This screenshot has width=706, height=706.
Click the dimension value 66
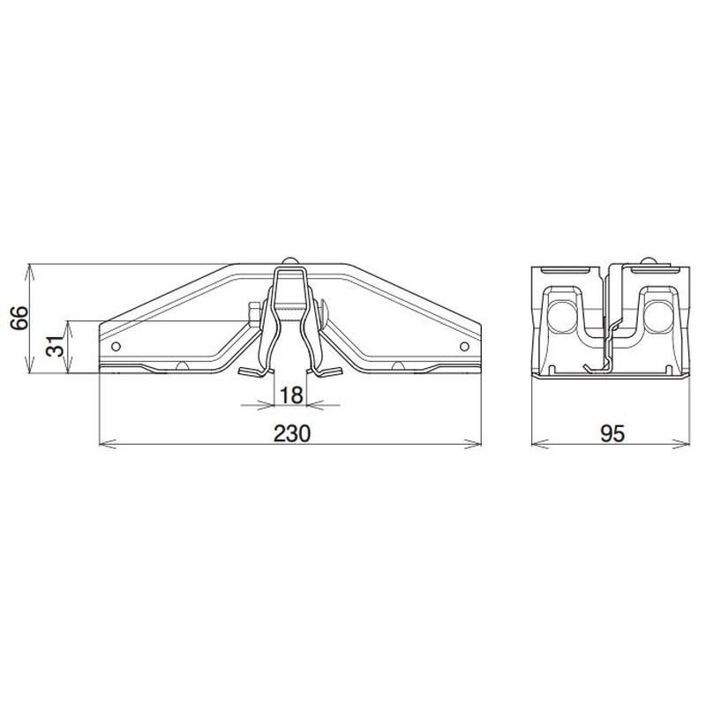[19, 319]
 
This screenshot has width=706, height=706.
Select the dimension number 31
[56, 346]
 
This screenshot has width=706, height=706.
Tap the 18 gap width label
[291, 395]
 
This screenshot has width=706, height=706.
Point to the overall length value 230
[292, 433]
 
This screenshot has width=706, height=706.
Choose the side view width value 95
[612, 433]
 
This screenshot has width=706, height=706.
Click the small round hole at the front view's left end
[116, 346]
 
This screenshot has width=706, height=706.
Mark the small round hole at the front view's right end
[465, 346]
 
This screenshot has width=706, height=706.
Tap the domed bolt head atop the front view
[290, 260]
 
